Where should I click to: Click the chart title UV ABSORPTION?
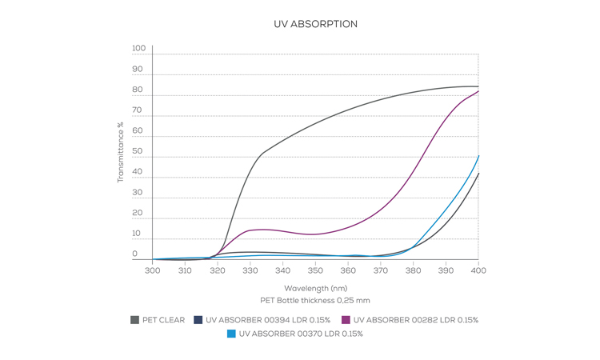pos(315,24)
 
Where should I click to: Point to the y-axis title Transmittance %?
pos(121,152)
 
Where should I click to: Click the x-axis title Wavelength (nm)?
pos(315,288)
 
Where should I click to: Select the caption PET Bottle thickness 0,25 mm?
pos(315,301)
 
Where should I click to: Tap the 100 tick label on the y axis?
pos(139,49)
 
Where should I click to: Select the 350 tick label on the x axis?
pos(315,271)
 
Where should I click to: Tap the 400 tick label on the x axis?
pos(478,271)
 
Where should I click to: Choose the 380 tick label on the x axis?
pos(413,271)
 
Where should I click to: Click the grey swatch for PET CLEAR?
pos(134,320)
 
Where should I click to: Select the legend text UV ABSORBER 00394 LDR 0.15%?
pos(268,320)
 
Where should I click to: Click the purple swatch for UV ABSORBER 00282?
pos(346,320)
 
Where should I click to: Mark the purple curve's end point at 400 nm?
pos(478,91)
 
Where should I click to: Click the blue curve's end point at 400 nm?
pos(478,156)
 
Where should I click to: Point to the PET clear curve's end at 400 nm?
pos(478,86)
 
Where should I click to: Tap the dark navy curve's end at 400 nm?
pos(478,174)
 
